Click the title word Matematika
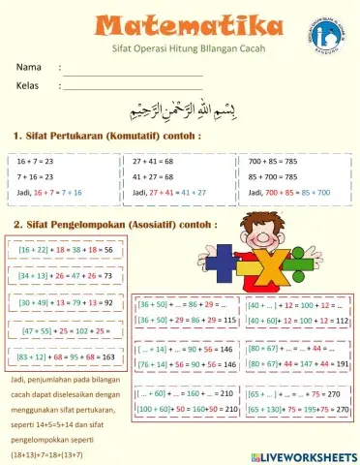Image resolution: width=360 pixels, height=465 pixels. (179, 23)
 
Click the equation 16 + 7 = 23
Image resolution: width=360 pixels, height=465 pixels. (35, 161)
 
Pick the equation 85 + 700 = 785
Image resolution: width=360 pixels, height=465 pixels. (276, 177)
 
